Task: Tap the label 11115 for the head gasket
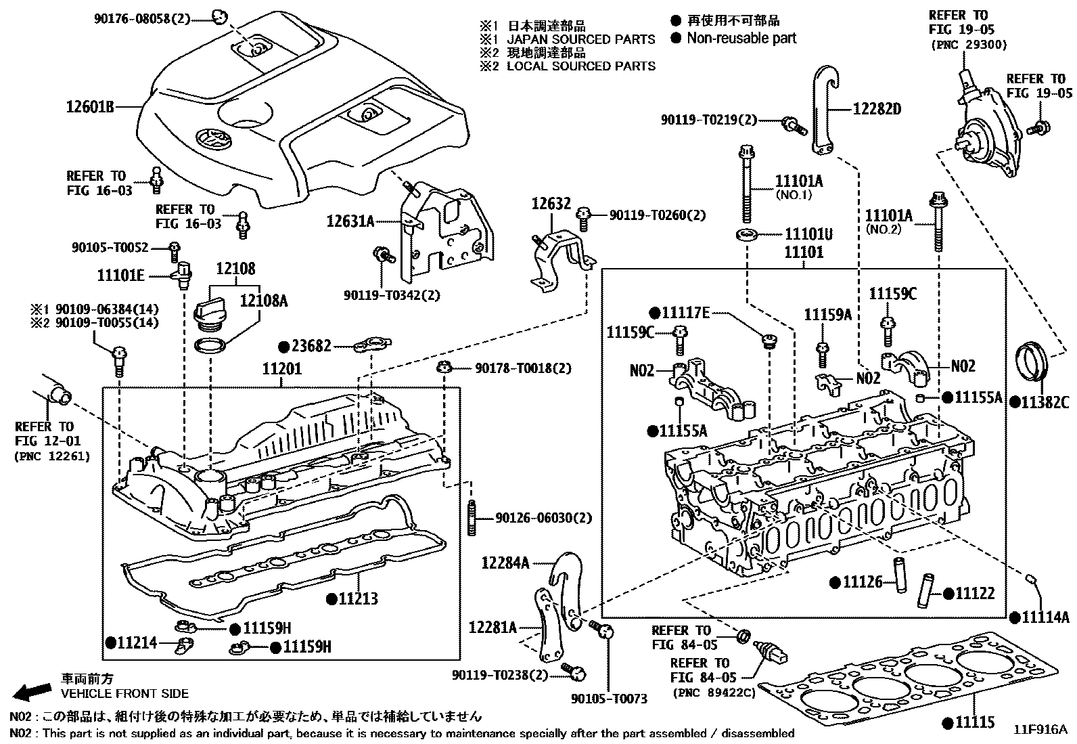975,722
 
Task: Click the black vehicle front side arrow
33,691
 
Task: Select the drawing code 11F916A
1040,730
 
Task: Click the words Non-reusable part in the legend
741,39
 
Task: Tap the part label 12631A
350,221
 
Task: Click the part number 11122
975,594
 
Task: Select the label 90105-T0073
609,698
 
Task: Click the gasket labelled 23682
369,345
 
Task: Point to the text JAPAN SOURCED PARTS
580,39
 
